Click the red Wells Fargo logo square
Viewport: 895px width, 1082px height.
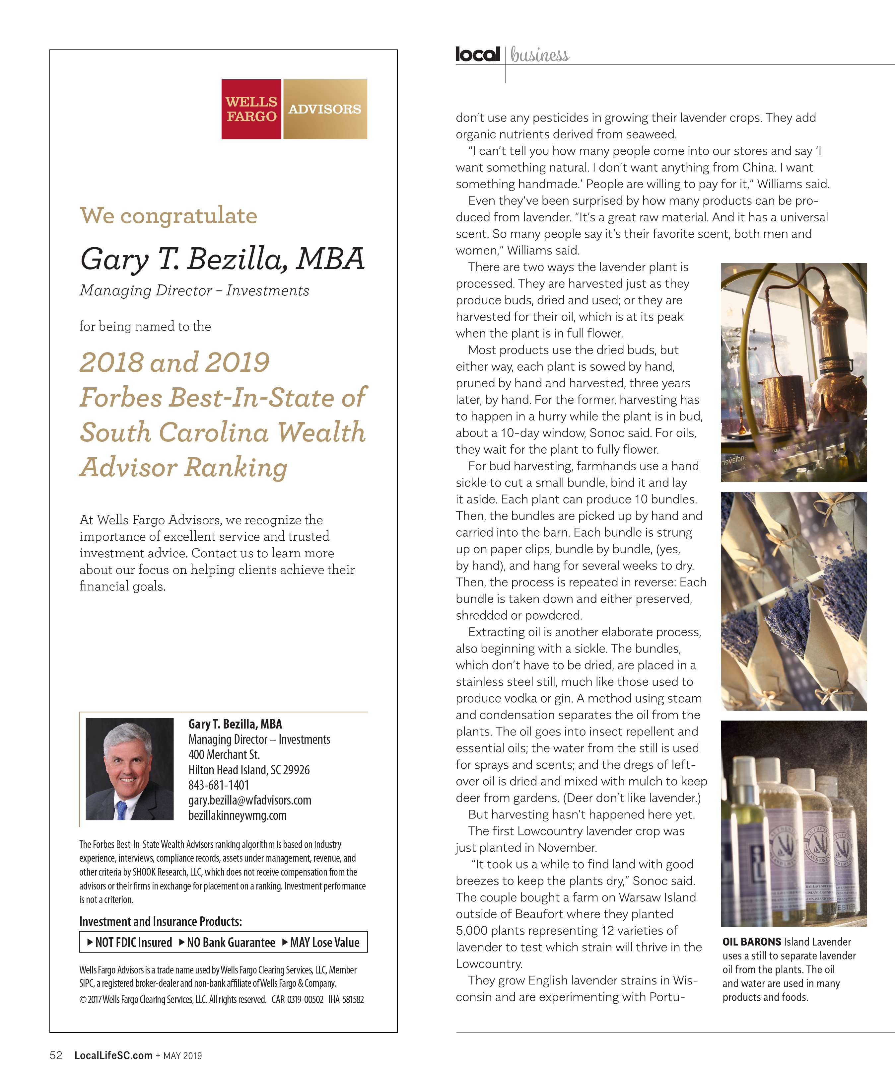[251, 109]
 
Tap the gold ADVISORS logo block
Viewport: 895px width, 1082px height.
[325, 109]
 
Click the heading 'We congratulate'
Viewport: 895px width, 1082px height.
[169, 215]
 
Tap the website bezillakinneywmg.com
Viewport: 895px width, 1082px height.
[238, 815]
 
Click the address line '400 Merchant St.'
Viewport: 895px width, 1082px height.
[224, 754]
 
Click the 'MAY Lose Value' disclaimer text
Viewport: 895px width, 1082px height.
[324, 942]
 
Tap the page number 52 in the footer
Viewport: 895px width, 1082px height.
[56, 1055]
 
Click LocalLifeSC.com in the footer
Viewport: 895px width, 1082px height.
[113, 1055]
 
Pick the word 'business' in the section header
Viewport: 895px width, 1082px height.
[540, 55]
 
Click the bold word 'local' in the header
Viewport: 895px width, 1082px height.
[477, 53]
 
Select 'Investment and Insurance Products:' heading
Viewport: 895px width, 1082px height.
[161, 921]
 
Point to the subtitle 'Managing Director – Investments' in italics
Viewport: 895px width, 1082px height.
[194, 291]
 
